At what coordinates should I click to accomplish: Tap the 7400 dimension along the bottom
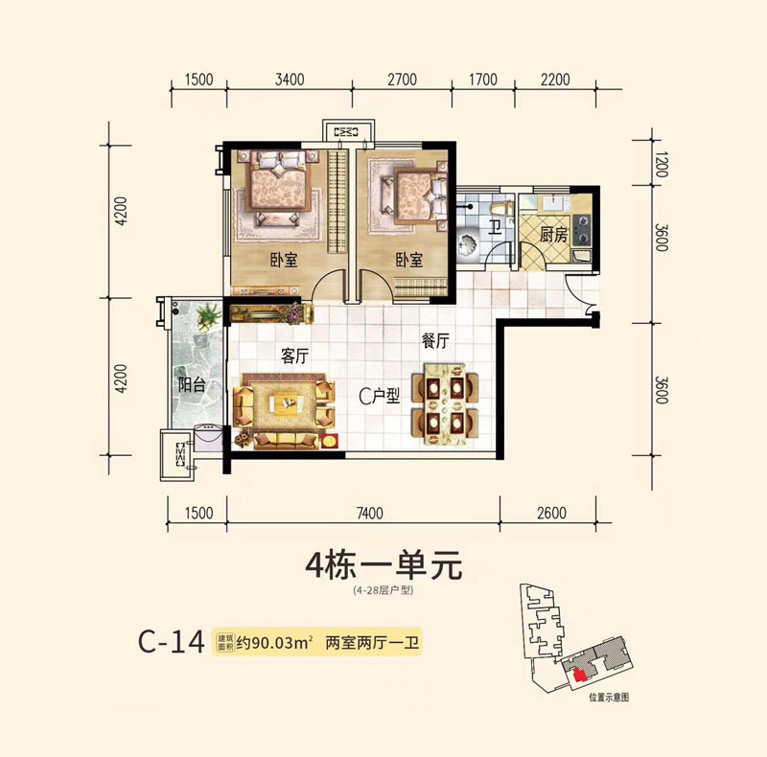[367, 514]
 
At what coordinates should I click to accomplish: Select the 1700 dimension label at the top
[482, 80]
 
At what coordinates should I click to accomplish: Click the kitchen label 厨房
[554, 234]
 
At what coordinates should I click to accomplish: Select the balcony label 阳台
[192, 386]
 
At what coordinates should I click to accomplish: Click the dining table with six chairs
[444, 402]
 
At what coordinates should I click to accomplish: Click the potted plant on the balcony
[206, 315]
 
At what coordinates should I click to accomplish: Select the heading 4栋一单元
[383, 565]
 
